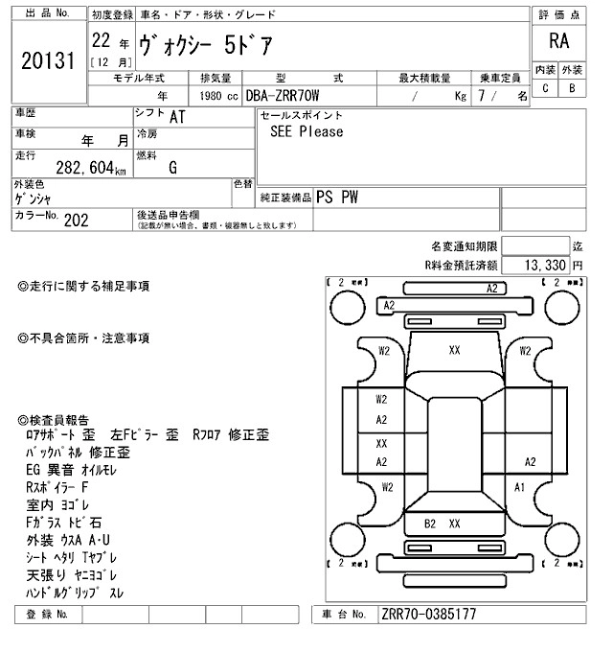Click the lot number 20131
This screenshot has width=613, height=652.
coord(47,60)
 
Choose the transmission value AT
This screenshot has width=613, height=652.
coord(177,118)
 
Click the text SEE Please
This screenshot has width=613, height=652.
coord(306,131)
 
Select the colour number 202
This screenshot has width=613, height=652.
coord(77,219)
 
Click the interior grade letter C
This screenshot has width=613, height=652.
coord(545,88)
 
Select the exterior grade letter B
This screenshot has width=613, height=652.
coord(572,88)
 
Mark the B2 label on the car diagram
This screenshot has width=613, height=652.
coord(430,524)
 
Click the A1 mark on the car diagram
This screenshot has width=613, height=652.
coord(520,487)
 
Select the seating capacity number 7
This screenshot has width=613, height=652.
coord(493,96)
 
